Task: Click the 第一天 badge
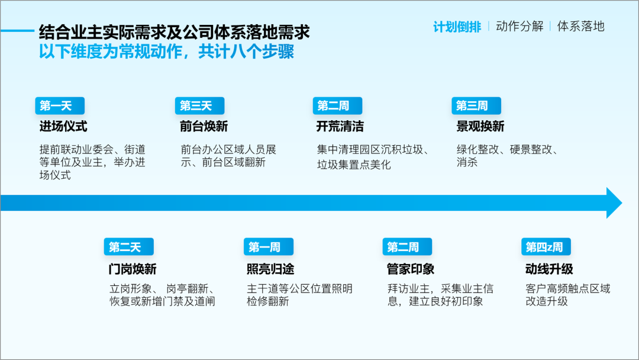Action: click(60, 106)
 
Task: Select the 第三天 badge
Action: click(200, 106)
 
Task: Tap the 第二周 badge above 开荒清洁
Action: click(337, 106)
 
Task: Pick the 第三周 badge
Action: click(476, 106)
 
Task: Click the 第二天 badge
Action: click(129, 247)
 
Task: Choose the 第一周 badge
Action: click(269, 247)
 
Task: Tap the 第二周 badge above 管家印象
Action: click(407, 247)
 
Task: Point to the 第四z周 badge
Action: click(546, 247)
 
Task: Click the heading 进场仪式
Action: click(63, 126)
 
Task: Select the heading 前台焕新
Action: click(204, 126)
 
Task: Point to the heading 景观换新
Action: click(480, 126)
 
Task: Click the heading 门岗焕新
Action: click(133, 269)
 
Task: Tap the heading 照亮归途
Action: click(270, 269)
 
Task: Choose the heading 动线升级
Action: click(549, 269)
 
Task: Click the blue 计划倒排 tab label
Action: click(457, 27)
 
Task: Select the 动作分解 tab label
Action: click(519, 27)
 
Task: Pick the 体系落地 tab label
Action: click(581, 27)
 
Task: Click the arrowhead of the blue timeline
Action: click(614, 203)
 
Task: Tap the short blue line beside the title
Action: click(17, 31)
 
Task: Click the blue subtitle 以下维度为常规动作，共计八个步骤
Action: click(166, 52)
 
